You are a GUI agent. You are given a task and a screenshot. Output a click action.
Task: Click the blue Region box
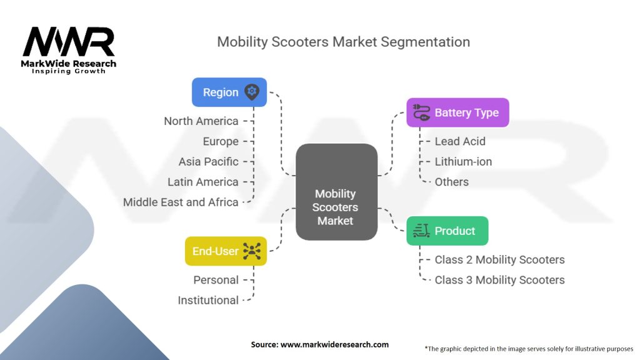click(229, 92)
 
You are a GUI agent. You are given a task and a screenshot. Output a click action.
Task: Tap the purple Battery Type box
click(457, 112)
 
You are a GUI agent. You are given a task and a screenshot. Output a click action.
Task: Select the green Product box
click(447, 231)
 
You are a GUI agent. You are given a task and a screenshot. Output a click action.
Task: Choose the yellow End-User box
click(226, 251)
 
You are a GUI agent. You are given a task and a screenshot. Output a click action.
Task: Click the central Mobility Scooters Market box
click(336, 192)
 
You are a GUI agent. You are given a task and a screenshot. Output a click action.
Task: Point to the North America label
click(201, 121)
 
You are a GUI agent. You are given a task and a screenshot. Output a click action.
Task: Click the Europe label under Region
click(221, 142)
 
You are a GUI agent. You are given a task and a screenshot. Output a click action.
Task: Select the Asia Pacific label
click(209, 162)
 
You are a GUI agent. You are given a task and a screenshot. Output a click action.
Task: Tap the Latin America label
click(203, 182)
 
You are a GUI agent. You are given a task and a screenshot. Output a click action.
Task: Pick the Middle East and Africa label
click(181, 202)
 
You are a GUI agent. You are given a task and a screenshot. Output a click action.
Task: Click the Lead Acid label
click(460, 141)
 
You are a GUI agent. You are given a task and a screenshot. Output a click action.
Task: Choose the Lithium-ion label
click(463, 162)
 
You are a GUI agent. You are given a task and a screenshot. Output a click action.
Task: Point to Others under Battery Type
click(451, 182)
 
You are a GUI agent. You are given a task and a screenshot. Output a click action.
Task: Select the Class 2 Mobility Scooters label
click(499, 259)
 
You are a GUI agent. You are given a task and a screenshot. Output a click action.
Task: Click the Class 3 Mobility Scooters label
click(499, 280)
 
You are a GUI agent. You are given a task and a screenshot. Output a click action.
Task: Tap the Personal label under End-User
click(216, 280)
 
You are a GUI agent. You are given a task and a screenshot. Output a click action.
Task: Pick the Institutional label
click(208, 301)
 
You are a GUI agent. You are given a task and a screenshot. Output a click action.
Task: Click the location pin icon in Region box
click(252, 92)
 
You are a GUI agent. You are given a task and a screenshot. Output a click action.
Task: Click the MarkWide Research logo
click(69, 50)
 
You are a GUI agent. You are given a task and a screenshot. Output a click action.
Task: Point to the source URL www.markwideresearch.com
click(335, 344)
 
